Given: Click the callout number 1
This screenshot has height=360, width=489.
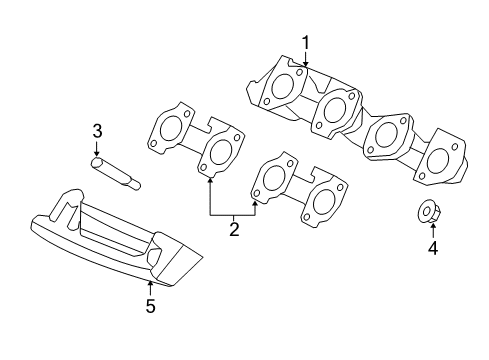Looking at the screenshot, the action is click(305, 43).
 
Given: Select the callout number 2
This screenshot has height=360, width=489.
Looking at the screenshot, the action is click(234, 229).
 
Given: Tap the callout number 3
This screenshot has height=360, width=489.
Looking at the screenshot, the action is click(97, 131).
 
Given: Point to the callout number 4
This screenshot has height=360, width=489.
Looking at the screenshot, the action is click(433, 248).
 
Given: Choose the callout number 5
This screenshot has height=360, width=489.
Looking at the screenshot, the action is click(150, 306).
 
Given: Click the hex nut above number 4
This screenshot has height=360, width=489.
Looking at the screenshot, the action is click(427, 212).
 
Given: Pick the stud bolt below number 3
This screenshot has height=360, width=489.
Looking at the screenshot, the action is click(115, 173).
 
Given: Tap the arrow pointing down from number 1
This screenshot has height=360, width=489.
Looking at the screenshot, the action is click(305, 59).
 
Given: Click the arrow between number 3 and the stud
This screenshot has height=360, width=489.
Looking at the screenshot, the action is click(97, 148).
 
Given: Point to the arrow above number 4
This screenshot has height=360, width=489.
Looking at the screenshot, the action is click(433, 231).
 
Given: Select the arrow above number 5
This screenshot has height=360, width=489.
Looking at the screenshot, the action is click(150, 288).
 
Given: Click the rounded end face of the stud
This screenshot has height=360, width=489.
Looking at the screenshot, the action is click(97, 162).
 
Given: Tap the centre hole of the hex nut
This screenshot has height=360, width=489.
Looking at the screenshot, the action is click(426, 211).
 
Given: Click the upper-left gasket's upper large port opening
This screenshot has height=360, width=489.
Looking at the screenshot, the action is click(171, 128).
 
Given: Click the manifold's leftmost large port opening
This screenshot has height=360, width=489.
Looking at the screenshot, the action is click(284, 86).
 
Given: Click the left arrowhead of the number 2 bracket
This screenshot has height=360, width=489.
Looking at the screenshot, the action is click(210, 180).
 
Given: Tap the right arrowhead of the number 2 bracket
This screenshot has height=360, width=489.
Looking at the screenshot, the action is click(255, 203).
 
